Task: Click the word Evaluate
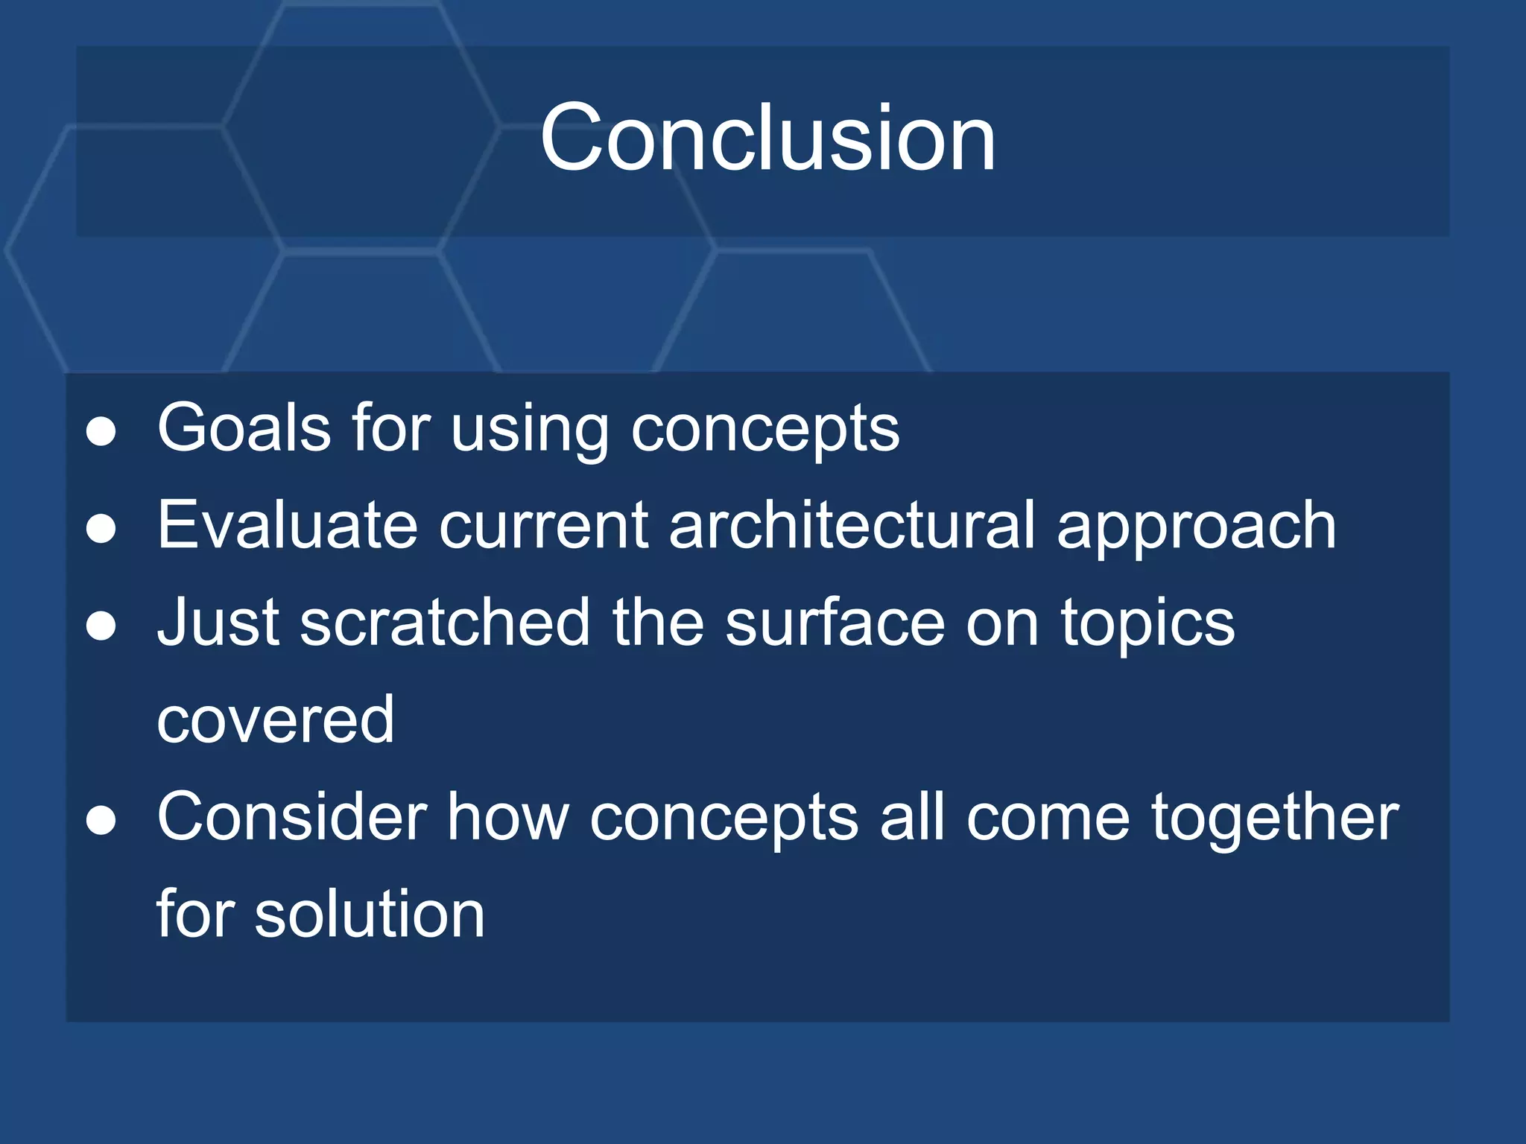point(287,526)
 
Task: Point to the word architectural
point(852,526)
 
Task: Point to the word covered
point(275,721)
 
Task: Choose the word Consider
point(292,818)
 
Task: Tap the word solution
point(370,915)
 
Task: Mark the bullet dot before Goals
point(101,432)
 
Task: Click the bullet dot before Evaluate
point(101,530)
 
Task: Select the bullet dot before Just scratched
point(101,626)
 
